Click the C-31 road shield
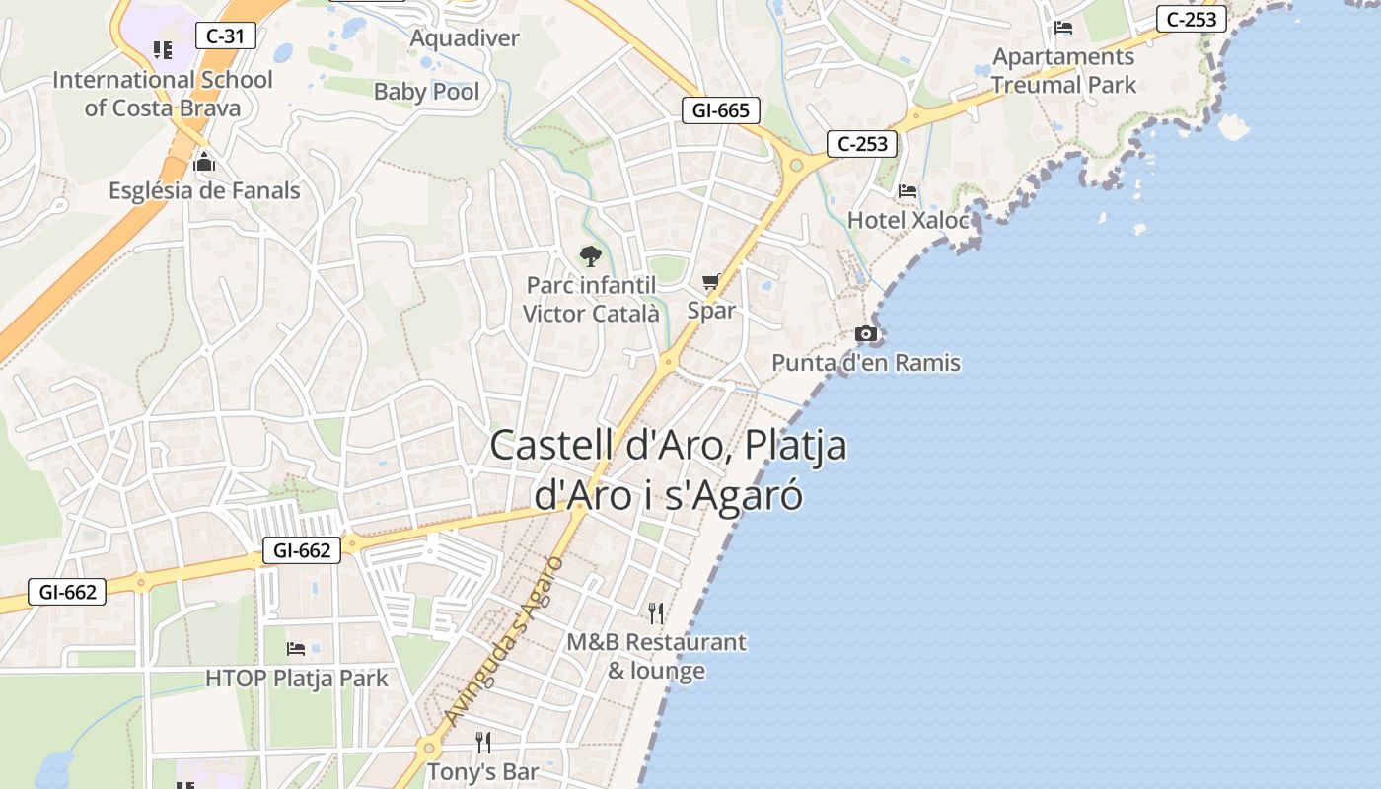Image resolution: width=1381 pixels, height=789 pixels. pyautogui.click(x=225, y=36)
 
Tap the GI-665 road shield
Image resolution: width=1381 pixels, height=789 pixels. pyautogui.click(x=720, y=110)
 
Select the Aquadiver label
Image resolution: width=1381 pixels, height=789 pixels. pyautogui.click(x=465, y=38)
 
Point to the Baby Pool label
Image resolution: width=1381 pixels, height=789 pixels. pyautogui.click(x=426, y=92)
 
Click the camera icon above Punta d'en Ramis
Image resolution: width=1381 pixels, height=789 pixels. pyautogui.click(x=865, y=334)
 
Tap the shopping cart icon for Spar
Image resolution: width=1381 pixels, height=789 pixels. pyautogui.click(x=711, y=282)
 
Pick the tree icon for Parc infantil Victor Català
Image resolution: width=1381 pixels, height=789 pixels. pyautogui.click(x=590, y=256)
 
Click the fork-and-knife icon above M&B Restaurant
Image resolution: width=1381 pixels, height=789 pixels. pyautogui.click(x=656, y=613)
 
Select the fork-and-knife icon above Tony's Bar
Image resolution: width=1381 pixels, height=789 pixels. pyautogui.click(x=482, y=742)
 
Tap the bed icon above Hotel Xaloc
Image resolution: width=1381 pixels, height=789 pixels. pyautogui.click(x=909, y=191)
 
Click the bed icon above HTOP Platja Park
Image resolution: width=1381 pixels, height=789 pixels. pyautogui.click(x=296, y=649)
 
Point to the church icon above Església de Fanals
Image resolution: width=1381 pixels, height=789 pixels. pyautogui.click(x=204, y=162)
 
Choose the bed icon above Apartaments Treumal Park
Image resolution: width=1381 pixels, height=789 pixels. pyautogui.click(x=1063, y=28)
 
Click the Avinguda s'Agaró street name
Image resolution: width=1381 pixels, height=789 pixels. pyautogui.click(x=503, y=642)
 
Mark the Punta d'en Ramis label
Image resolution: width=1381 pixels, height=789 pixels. pyautogui.click(x=865, y=363)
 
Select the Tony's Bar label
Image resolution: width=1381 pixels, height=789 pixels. pyautogui.click(x=482, y=771)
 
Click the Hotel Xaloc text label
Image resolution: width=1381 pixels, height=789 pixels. pyautogui.click(x=909, y=220)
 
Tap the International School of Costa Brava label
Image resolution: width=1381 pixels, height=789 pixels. pyautogui.click(x=163, y=94)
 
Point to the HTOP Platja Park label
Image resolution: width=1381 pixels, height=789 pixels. pyautogui.click(x=296, y=679)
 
